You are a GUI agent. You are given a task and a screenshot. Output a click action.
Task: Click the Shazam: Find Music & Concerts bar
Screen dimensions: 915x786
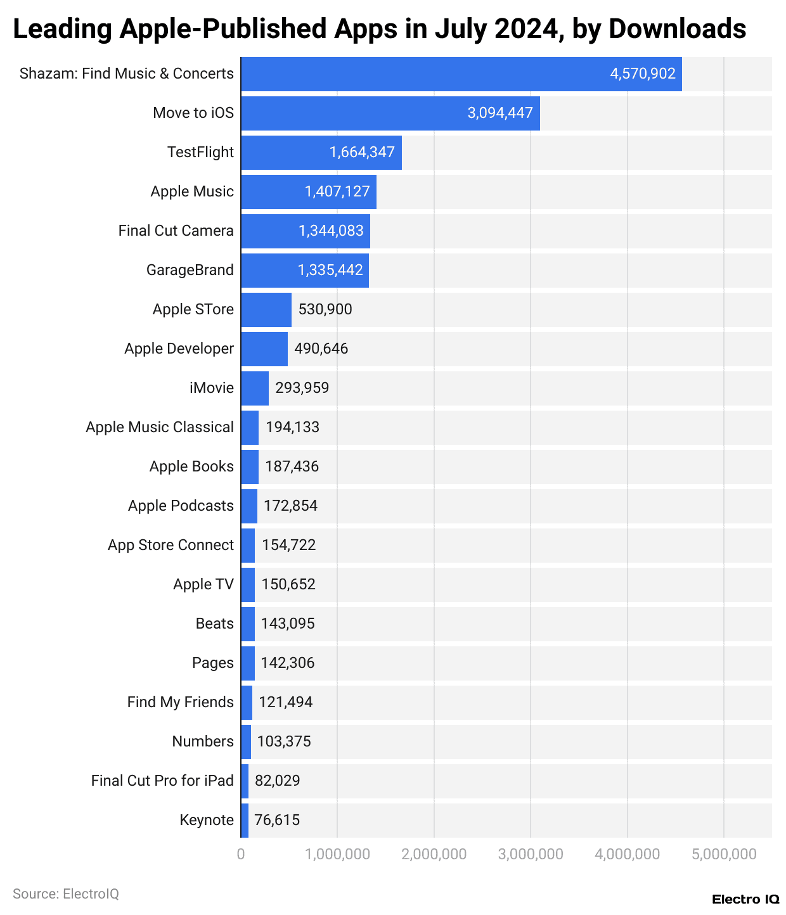(x=461, y=74)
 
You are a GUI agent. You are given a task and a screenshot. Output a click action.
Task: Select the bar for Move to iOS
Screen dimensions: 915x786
(x=390, y=113)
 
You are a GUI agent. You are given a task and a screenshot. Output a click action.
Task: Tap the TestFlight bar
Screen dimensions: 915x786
(x=321, y=153)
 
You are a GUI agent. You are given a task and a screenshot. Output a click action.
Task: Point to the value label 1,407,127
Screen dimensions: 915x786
(x=337, y=192)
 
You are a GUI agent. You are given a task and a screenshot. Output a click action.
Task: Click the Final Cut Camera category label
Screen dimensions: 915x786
(x=176, y=231)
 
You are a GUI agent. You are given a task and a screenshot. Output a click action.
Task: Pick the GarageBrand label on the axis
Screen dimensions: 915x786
(x=190, y=271)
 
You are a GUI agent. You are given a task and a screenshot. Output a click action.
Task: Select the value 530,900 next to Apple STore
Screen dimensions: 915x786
(x=325, y=310)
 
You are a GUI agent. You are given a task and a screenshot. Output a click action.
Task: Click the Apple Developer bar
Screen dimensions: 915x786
(x=264, y=349)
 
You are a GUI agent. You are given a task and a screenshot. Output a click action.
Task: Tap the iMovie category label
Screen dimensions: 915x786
(x=211, y=388)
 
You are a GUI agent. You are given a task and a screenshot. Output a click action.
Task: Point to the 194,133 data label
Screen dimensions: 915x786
(x=292, y=428)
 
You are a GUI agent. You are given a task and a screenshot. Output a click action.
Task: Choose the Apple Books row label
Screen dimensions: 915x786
(x=191, y=467)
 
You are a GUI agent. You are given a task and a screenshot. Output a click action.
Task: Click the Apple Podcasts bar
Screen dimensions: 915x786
(x=249, y=506)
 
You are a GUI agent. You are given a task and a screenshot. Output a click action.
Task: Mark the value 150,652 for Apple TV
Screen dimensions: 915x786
(x=288, y=585)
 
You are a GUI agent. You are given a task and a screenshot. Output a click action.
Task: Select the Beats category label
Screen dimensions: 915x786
(x=214, y=624)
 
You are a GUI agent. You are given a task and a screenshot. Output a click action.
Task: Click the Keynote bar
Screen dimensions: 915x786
(x=245, y=821)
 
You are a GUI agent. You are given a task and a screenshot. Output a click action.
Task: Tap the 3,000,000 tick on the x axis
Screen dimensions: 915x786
(x=531, y=855)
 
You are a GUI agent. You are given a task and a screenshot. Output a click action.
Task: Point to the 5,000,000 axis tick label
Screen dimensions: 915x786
(x=724, y=855)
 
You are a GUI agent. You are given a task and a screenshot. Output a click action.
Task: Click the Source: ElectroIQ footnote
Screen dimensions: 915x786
(x=66, y=894)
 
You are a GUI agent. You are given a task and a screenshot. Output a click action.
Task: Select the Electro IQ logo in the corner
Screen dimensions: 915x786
(x=745, y=900)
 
